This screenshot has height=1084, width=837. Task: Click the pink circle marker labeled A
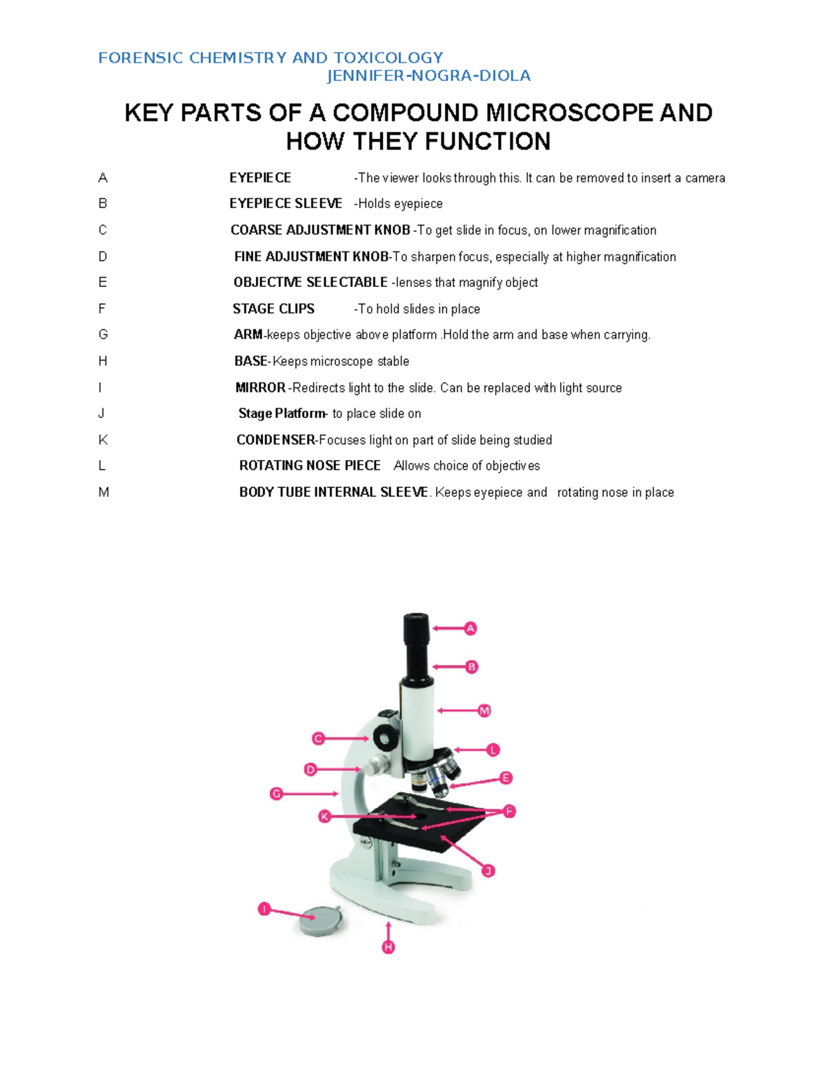(471, 629)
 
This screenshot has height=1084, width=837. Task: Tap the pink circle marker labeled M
(484, 711)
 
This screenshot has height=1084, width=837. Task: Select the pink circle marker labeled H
(389, 947)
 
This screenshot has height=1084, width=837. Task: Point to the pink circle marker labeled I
(264, 909)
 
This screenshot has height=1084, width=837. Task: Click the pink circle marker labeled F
(508, 811)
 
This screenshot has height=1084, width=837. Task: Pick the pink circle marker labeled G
(276, 794)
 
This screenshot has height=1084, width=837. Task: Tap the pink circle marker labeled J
(488, 870)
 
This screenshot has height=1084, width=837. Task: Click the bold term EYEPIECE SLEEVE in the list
(286, 204)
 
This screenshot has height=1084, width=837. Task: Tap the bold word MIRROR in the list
(260, 388)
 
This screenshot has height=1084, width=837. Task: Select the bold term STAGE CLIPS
(273, 309)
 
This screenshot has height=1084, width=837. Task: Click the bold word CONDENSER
(276, 440)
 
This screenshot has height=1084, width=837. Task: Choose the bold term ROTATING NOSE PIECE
(310, 466)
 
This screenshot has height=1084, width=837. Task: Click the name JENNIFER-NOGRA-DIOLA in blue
(429, 76)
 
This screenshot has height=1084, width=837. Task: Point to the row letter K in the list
(103, 440)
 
